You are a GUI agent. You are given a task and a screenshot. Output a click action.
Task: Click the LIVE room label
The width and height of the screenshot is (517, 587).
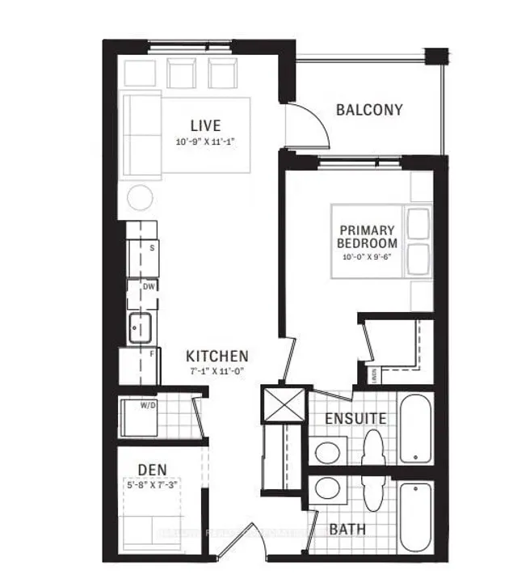tap(205, 125)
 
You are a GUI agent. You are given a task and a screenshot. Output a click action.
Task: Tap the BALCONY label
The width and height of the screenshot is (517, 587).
tap(369, 110)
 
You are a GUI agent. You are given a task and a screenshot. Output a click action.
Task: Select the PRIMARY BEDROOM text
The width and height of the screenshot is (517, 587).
tap(368, 235)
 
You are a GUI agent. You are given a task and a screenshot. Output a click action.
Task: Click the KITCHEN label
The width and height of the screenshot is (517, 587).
tap(216, 356)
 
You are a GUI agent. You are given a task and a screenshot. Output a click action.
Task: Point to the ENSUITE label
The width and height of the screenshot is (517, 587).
tap(355, 419)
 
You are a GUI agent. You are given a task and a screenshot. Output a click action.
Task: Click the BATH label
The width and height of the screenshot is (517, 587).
tap(347, 530)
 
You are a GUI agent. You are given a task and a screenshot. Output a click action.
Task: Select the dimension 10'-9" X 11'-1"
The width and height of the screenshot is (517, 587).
tap(205, 141)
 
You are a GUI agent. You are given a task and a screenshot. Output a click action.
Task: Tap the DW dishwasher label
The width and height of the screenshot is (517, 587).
tap(149, 286)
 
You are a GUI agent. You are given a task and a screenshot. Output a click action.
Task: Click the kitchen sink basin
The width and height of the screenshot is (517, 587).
tap(137, 327)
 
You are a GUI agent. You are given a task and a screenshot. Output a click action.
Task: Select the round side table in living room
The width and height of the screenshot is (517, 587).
tap(141, 196)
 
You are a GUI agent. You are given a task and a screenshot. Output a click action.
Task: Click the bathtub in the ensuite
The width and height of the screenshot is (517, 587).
tap(415, 429)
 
